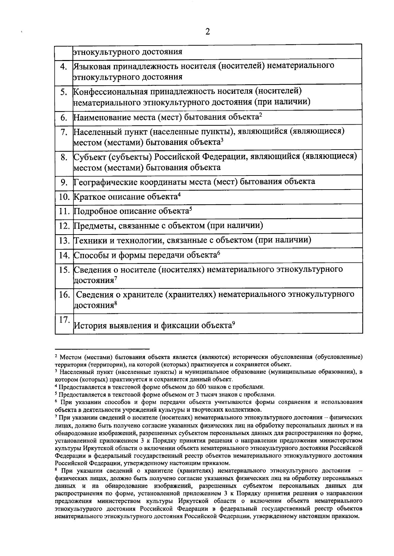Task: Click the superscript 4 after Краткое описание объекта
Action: [180, 195]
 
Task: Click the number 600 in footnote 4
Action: [201, 387]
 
